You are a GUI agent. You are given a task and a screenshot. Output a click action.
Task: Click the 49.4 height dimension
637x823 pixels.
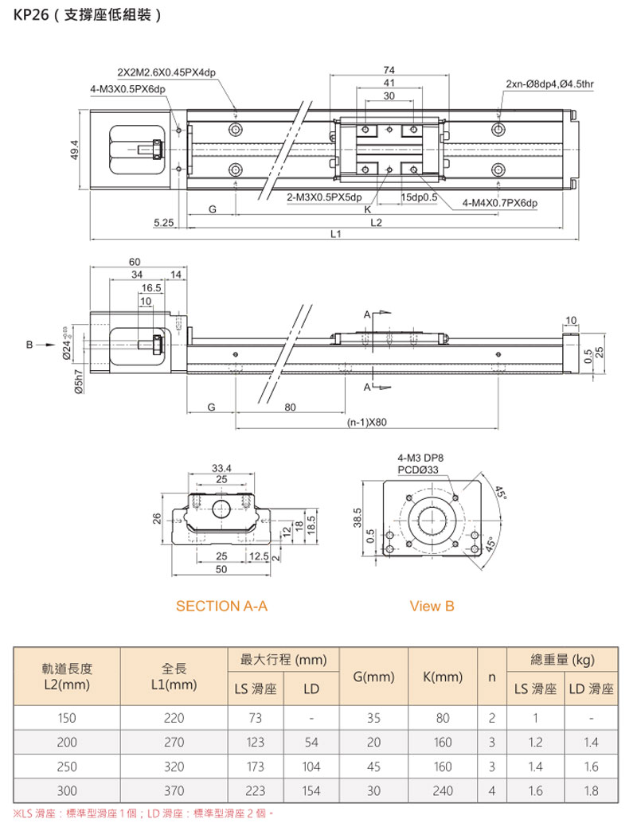click(74, 149)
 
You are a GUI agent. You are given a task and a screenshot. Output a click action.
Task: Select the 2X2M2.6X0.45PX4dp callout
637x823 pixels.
click(165, 73)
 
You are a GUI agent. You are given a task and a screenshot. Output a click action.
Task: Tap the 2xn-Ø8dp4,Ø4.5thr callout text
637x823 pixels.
click(549, 83)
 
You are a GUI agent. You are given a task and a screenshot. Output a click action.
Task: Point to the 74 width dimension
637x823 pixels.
click(389, 70)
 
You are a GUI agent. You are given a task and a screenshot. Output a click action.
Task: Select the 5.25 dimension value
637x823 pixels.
click(163, 223)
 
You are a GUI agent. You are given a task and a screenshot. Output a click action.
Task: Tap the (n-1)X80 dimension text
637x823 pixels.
click(366, 423)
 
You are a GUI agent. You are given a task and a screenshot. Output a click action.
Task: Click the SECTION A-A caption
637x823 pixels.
click(221, 606)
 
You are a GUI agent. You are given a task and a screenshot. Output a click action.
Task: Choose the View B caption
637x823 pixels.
click(432, 606)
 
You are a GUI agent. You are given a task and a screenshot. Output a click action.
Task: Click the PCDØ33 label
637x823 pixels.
click(420, 470)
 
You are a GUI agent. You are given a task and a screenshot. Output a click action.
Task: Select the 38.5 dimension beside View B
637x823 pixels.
click(358, 518)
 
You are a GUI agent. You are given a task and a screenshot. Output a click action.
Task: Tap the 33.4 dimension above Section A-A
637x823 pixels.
click(221, 467)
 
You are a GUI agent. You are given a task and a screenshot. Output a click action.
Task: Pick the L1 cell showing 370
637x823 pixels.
click(174, 792)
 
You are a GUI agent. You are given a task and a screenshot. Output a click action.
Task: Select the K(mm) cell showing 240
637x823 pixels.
click(444, 792)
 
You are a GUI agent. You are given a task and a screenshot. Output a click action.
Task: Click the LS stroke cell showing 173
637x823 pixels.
click(256, 767)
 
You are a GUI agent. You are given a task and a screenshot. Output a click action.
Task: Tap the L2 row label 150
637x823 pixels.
click(67, 718)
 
